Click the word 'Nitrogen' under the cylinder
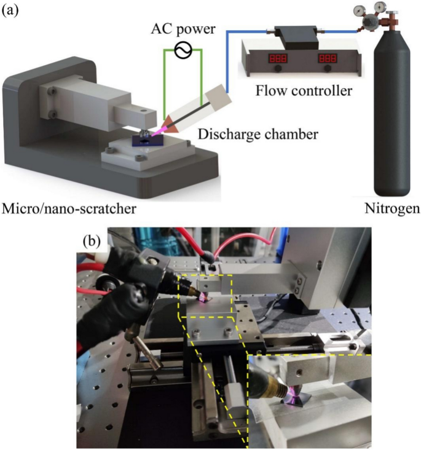coord(391,209)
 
